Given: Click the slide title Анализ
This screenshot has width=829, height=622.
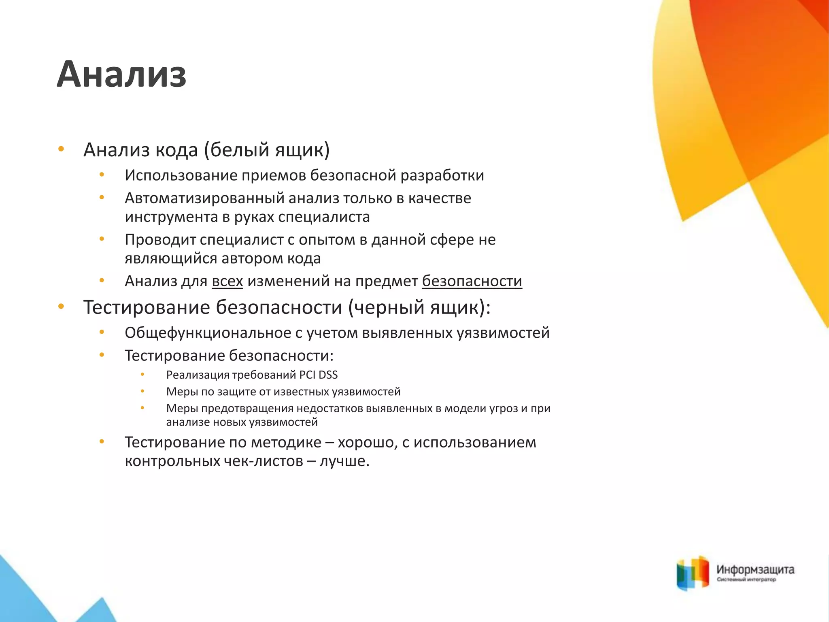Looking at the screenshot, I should coord(121,74).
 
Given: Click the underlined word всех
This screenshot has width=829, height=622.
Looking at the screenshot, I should coord(227,281).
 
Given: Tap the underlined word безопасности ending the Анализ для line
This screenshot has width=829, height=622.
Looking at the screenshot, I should coord(472,281).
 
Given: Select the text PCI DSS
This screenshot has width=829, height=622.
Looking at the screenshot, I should coord(318,375).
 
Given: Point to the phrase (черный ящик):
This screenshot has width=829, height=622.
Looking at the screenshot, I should coord(419,307).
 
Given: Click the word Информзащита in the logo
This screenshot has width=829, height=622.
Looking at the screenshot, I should coord(755,570).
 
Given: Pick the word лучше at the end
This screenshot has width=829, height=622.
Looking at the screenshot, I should coord(344,461).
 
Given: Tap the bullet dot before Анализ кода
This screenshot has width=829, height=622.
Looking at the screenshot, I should coord(61,149).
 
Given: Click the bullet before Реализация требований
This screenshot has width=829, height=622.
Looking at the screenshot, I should coord(142,375).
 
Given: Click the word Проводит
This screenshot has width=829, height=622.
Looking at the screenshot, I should coord(160,240).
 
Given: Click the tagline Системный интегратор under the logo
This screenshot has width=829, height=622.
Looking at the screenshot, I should coord(746,580).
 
